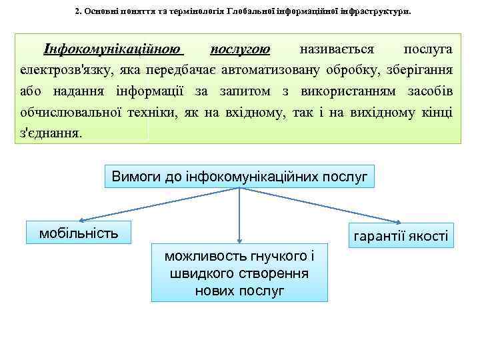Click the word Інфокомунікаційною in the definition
[x=113, y=49]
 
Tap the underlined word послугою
[x=240, y=49]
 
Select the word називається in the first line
[x=337, y=49]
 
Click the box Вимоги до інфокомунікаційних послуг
[x=240, y=177]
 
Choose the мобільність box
[x=79, y=233]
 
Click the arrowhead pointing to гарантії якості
[x=399, y=221]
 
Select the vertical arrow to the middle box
[x=240, y=213]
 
